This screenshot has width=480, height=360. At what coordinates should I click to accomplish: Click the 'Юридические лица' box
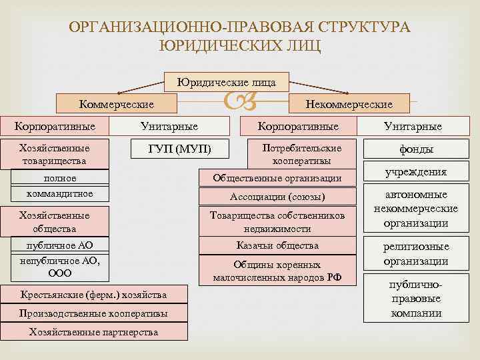click(227, 81)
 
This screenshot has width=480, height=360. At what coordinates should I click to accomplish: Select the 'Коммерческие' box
click(117, 103)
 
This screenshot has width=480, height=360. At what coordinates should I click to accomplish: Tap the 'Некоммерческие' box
click(348, 103)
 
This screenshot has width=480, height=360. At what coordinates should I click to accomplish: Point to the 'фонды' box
click(416, 149)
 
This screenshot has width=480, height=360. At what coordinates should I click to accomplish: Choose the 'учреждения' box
click(416, 172)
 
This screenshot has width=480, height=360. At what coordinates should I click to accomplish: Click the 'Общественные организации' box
click(277, 178)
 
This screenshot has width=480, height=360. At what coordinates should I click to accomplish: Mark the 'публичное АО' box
click(60, 245)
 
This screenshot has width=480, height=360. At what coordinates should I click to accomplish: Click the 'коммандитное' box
click(60, 193)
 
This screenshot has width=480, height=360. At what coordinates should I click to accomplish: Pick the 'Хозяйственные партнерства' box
click(93, 332)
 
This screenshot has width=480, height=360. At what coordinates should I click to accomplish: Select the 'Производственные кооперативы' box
click(93, 313)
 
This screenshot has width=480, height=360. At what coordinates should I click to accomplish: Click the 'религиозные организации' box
click(416, 254)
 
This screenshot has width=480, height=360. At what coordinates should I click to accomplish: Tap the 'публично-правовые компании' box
click(416, 299)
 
